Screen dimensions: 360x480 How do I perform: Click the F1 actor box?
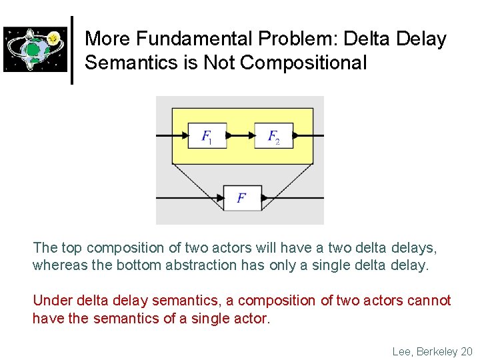(x=207, y=136)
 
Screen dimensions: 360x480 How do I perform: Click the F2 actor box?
(x=274, y=136)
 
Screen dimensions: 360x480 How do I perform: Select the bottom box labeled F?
(x=242, y=198)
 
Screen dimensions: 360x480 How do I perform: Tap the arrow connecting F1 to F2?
(x=241, y=136)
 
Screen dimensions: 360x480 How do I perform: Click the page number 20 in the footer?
(x=465, y=351)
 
